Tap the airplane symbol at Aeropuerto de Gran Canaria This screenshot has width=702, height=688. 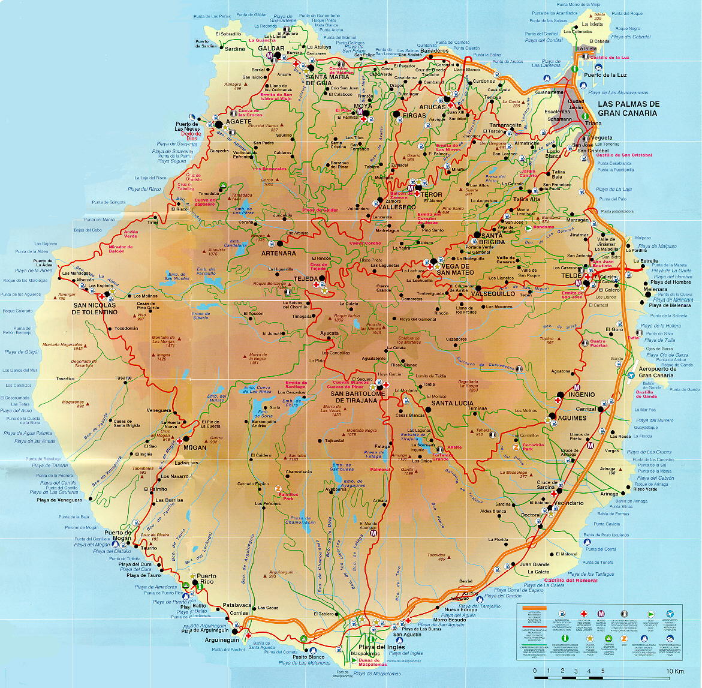point(631,375)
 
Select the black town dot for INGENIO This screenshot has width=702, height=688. point(559,395)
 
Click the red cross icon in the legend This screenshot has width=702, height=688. point(583,614)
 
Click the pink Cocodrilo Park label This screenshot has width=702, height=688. point(533,447)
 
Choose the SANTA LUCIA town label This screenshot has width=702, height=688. point(453,402)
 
